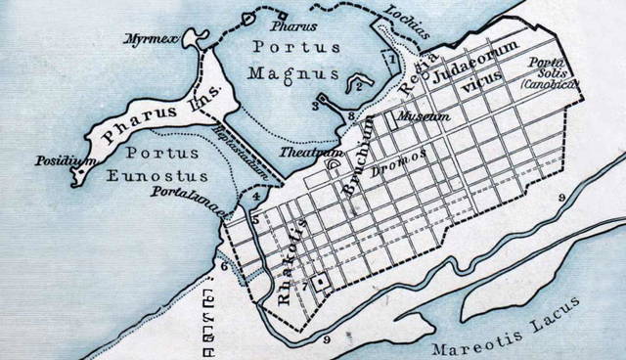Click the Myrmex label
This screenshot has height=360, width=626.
click(147, 39)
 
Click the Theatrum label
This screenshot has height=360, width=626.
click(299, 152)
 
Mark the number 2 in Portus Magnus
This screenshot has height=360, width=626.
click(359, 88)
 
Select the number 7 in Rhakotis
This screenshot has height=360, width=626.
click(305, 285)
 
